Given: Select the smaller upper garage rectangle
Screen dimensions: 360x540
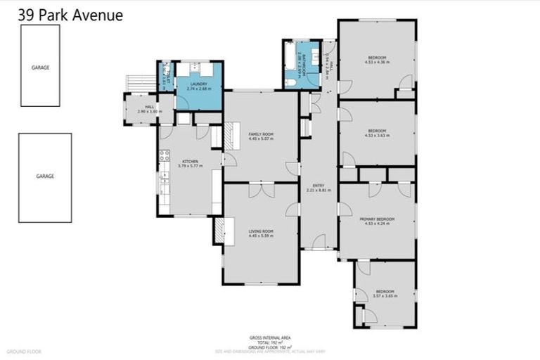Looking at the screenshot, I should click(40, 65).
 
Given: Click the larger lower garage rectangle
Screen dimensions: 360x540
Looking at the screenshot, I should click(45, 177).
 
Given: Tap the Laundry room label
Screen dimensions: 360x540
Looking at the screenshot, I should click(198, 84).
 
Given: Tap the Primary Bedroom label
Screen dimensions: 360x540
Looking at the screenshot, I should click(377, 219).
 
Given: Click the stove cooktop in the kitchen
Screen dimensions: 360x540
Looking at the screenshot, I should click(165, 156).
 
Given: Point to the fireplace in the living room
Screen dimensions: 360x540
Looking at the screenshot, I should click(219, 231).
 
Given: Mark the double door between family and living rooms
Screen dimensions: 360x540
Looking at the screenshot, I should click(261, 184).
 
